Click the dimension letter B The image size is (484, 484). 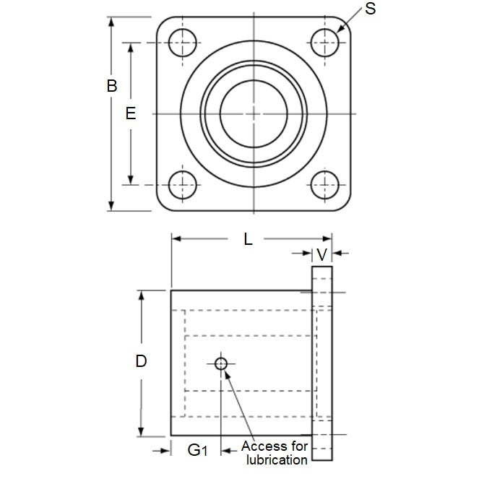112,86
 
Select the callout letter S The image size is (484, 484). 371,10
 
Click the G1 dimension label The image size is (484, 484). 197,451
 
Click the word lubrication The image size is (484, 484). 277,459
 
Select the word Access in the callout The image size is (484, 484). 264,446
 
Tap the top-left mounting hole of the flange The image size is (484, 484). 183,43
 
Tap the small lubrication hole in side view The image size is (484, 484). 222,363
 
